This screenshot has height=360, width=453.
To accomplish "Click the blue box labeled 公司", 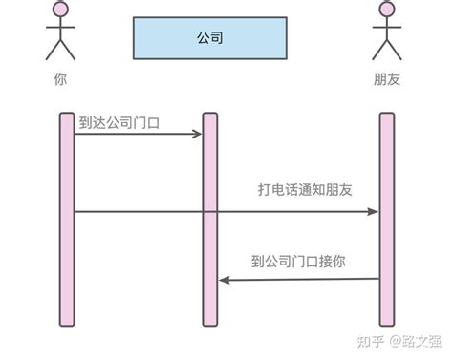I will click(209, 38).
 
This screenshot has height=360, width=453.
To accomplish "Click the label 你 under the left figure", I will click(61, 80).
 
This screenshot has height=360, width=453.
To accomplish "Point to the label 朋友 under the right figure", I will click(387, 80).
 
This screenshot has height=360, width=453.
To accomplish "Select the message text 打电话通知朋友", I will click(305, 190).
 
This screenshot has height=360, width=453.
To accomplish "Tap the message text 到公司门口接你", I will click(298, 260).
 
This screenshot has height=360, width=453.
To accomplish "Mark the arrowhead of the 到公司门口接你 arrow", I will click(224, 280).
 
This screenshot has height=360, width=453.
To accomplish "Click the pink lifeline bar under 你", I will click(66, 220).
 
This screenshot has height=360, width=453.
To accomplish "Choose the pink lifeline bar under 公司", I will click(210, 220).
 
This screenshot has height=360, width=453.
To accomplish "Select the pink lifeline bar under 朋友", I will click(387, 220).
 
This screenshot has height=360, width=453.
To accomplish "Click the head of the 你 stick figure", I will click(61, 11).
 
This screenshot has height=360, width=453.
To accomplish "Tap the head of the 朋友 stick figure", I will click(387, 11).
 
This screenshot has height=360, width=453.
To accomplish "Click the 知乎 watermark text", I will click(368, 341).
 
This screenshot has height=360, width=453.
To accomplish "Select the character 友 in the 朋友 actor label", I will click(394, 80).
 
